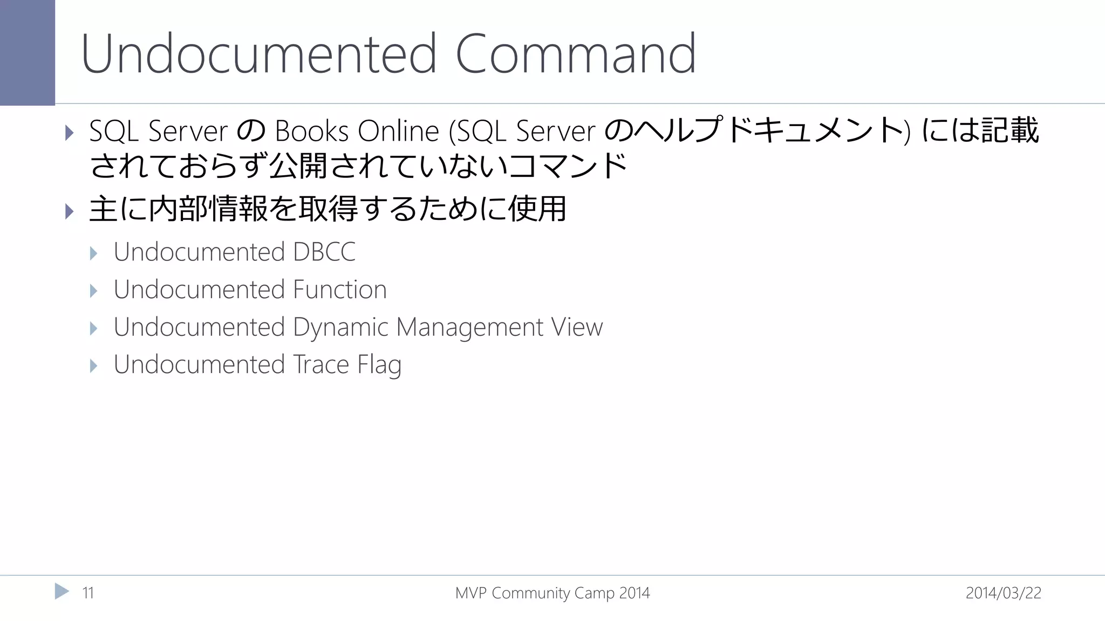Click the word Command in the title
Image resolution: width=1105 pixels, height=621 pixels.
(x=576, y=54)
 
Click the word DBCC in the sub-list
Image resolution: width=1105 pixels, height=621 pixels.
(x=324, y=252)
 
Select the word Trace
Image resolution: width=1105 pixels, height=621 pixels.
(x=321, y=364)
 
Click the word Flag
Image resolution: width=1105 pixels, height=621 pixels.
(x=379, y=365)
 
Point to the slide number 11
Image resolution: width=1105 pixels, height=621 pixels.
(x=88, y=593)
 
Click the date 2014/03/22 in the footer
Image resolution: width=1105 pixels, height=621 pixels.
(x=1003, y=593)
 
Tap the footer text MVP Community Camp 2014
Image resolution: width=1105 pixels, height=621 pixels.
(x=552, y=593)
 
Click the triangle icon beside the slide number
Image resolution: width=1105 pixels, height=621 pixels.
(x=62, y=591)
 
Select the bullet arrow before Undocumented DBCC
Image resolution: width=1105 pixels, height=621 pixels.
(x=93, y=253)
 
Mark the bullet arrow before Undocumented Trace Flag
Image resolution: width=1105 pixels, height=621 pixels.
(x=93, y=366)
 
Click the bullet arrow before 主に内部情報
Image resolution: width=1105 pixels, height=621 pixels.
(x=69, y=211)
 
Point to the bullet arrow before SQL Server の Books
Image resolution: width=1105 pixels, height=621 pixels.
(x=69, y=132)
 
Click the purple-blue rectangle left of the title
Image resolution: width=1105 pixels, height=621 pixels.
(x=27, y=52)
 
